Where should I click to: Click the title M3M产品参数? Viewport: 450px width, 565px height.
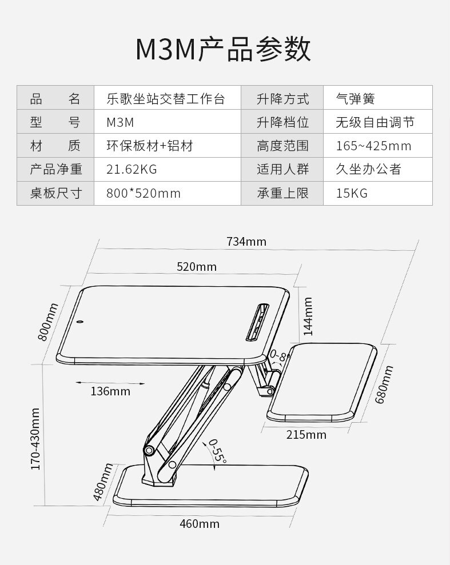pos(224,50)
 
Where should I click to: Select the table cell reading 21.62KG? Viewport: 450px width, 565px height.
pos(132,170)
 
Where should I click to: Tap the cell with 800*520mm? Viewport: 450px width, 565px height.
pos(144,194)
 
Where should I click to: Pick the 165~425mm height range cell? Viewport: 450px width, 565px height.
pos(373,146)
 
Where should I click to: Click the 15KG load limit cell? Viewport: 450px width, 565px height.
pos(352,194)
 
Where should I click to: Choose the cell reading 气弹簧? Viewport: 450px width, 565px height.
pos(355,98)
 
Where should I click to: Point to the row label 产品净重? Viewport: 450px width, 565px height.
pos(55,170)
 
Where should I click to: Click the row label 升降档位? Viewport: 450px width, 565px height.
pos(282,122)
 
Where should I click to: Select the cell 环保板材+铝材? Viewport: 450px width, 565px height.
pos(150,146)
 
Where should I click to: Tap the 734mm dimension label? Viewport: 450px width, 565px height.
pos(246,241)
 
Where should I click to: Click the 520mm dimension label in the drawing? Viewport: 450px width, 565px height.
pos(197,267)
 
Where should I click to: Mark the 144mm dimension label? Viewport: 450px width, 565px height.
pos(308,316)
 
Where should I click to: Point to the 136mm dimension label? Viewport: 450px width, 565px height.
pos(110,391)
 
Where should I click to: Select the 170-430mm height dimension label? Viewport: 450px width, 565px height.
pos(35,439)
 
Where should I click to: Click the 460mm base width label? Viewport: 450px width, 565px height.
pos(200,523)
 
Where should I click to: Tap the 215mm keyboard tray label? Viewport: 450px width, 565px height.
pos(306,435)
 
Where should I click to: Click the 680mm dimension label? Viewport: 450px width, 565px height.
pos(384,385)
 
